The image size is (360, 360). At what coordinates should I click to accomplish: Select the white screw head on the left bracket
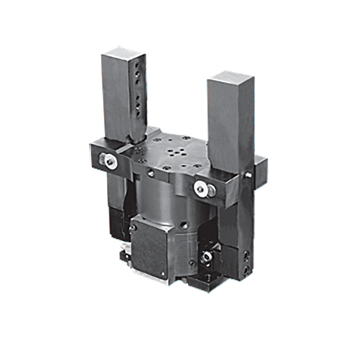click(109, 163)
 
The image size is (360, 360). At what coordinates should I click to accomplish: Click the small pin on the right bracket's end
click(248, 174)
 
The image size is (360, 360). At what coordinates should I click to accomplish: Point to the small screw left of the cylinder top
click(150, 174)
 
